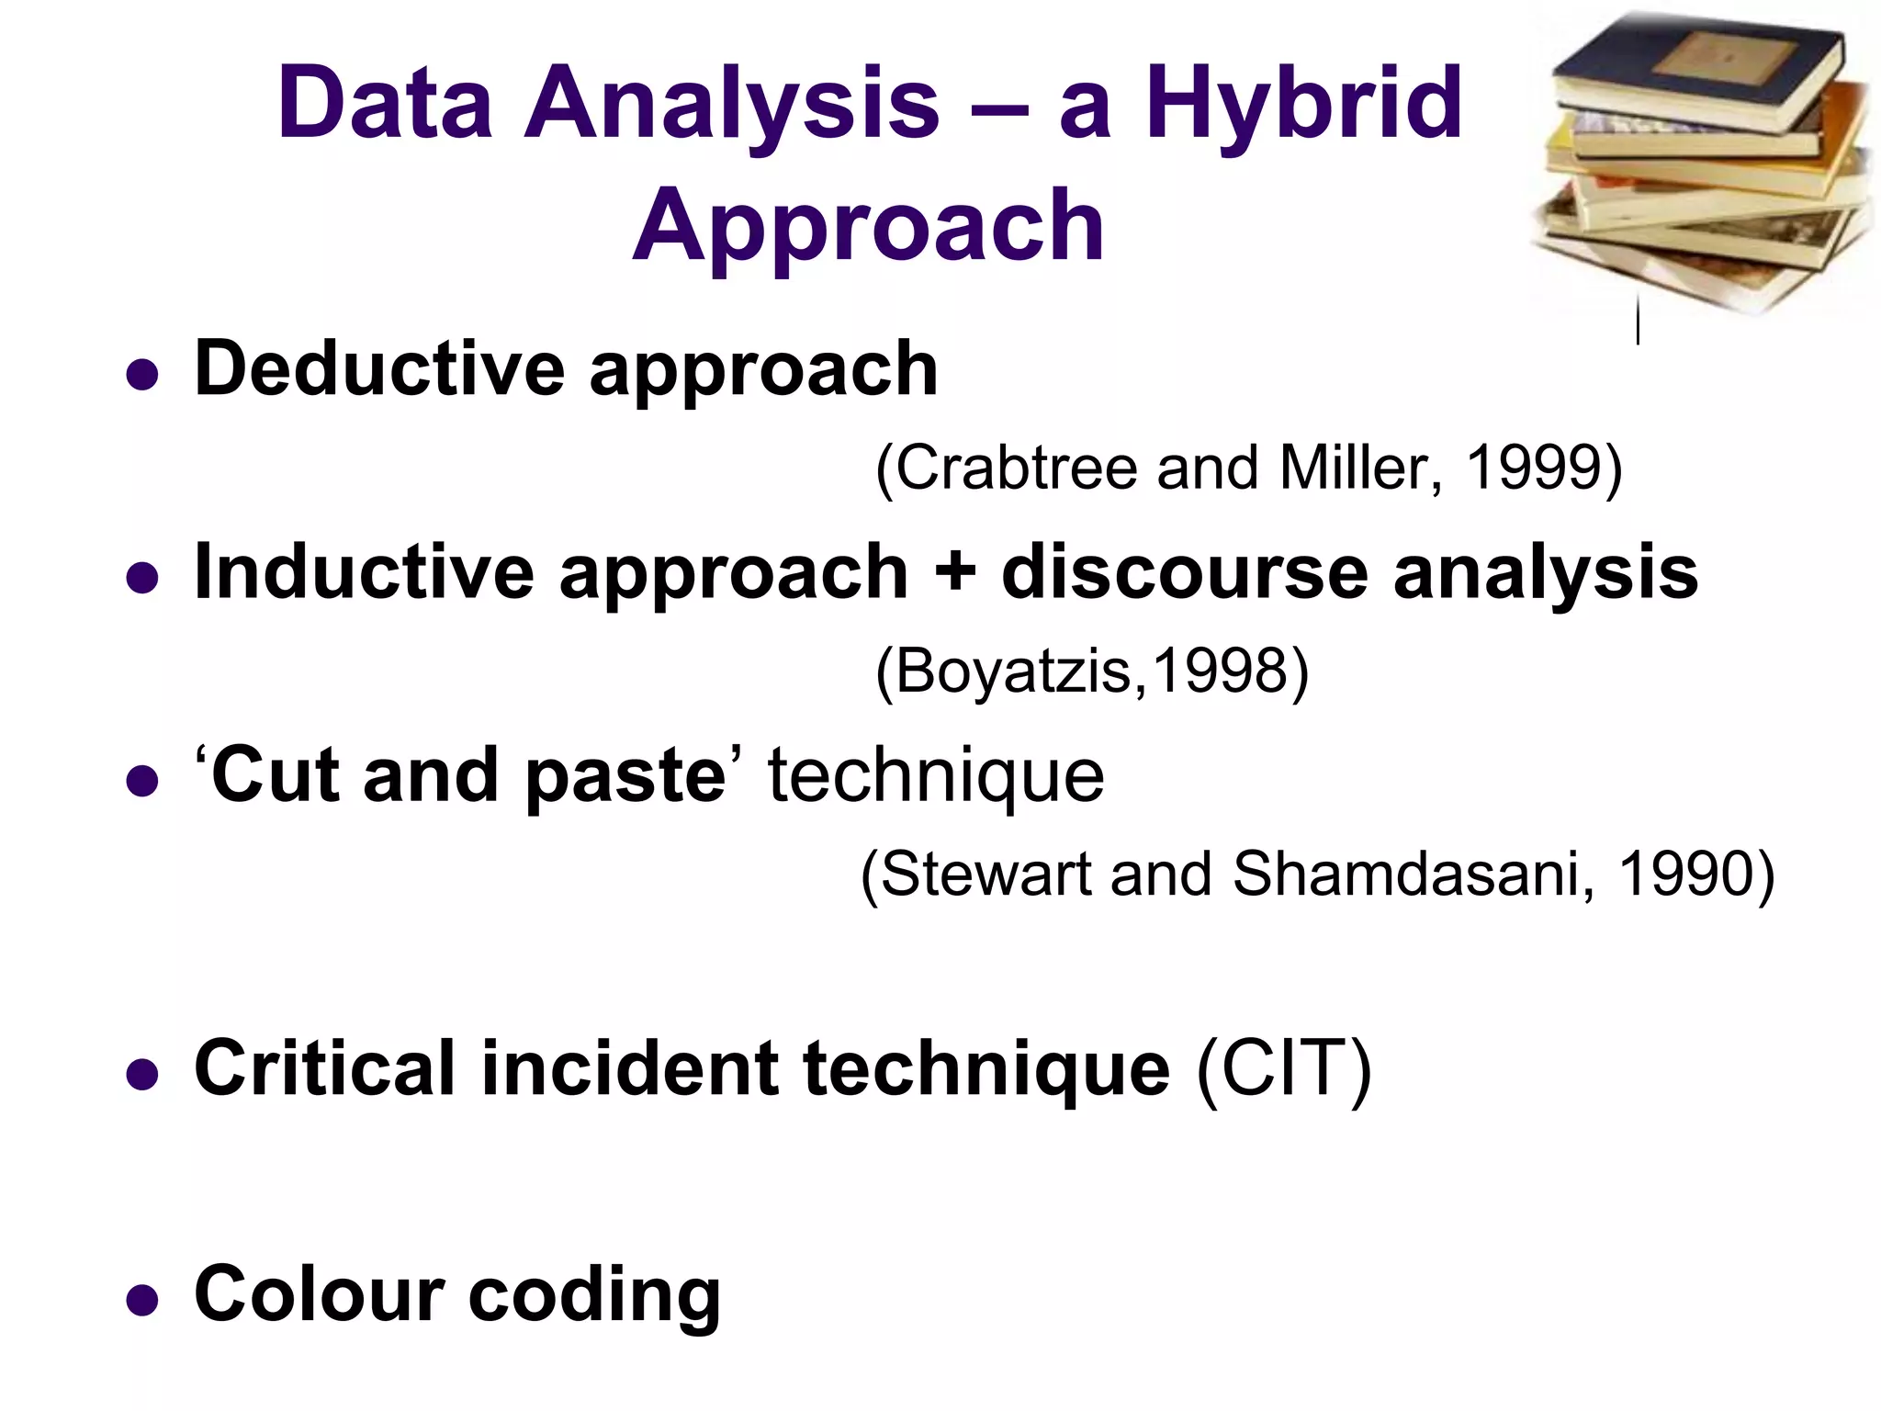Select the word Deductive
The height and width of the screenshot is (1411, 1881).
379,369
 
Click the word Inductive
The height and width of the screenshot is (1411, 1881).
364,572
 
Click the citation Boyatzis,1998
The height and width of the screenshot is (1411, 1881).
1091,672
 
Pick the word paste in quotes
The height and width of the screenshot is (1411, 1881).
626,776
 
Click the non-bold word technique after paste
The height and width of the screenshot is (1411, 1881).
935,776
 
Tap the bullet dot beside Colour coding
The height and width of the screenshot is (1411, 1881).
141,1300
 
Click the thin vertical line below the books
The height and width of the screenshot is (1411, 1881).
1638,322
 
